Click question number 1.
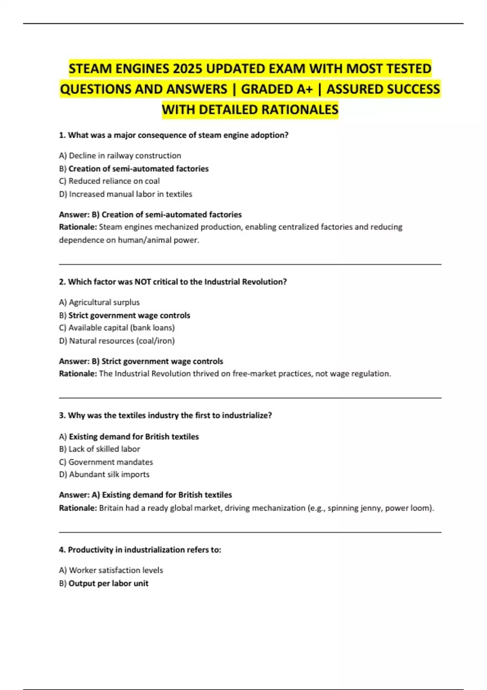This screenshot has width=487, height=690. coord(62,135)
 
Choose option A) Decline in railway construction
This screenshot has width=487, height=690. coord(120,155)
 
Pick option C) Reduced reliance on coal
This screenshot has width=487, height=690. coord(109,181)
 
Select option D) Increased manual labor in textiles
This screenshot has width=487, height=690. coord(125,194)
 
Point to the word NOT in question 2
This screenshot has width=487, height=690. coord(142,282)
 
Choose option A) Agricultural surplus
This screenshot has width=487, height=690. coord(99,302)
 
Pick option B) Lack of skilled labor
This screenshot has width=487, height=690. coord(99,449)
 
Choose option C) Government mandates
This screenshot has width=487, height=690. coord(106,462)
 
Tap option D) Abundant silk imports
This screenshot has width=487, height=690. coord(104,474)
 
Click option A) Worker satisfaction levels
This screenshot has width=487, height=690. coord(111,570)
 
